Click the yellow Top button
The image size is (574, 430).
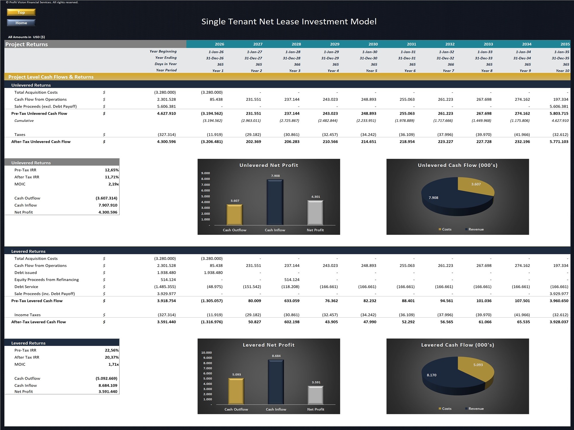[21, 12]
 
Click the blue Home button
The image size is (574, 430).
[21, 23]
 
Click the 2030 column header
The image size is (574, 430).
[373, 44]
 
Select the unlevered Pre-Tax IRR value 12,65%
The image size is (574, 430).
[111, 170]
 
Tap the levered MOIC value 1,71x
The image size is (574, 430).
[113, 364]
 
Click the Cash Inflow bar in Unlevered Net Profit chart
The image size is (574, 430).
[275, 202]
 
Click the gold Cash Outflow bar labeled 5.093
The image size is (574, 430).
[236, 391]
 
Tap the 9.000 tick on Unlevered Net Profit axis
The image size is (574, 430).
[205, 173]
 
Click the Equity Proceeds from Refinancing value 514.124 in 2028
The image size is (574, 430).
[292, 279]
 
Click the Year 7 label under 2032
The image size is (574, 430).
[448, 71]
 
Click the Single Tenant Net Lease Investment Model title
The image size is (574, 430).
[289, 21]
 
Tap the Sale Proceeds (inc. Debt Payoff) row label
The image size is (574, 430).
[44, 294]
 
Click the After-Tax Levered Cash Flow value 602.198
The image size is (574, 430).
[292, 322]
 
